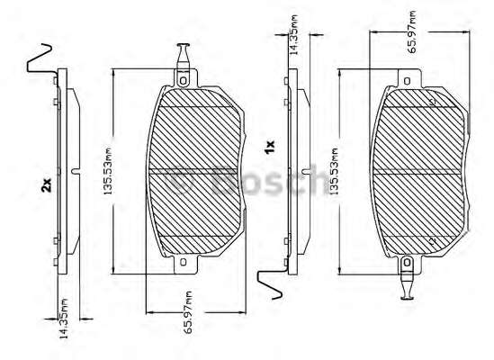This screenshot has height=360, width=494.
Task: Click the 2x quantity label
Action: [x=46, y=185]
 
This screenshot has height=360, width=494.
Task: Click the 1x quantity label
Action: [x=270, y=147]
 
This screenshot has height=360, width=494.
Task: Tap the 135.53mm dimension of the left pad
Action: [x=108, y=170]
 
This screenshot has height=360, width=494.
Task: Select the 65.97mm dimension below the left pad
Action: [x=188, y=312]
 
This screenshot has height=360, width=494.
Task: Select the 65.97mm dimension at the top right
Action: [x=411, y=31]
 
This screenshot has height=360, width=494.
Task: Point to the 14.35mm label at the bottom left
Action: [x=64, y=319]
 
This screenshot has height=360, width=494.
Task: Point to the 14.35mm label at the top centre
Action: [x=293, y=35]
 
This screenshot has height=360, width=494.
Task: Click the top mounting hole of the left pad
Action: [x=183, y=81]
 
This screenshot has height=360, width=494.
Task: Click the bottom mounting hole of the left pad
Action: [x=184, y=262]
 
